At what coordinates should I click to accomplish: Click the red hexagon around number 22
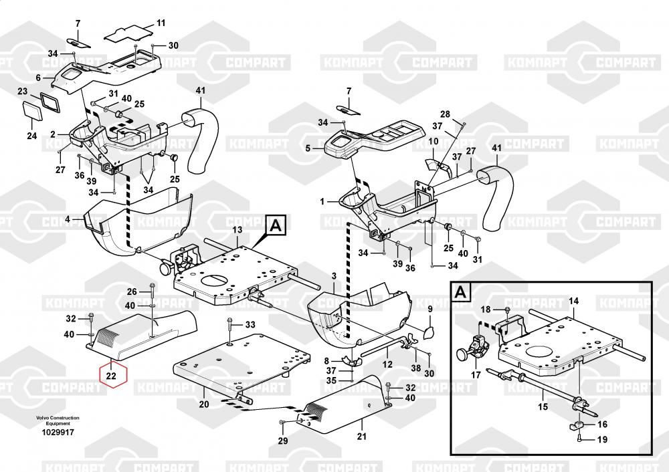pyautogui.click(x=112, y=376)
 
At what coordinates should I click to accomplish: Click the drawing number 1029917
pyautogui.click(x=58, y=433)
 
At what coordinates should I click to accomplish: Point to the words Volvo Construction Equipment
pyautogui.click(x=58, y=421)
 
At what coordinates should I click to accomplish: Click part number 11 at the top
pyautogui.click(x=161, y=23)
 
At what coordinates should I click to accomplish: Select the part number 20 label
pyautogui.click(x=203, y=404)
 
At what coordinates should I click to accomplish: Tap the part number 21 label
pyautogui.click(x=362, y=437)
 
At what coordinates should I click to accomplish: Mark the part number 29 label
pyautogui.click(x=282, y=441)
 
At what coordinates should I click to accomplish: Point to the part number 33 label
pyautogui.click(x=250, y=324)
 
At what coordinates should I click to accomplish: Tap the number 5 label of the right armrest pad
pyautogui.click(x=308, y=148)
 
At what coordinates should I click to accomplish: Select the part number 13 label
pyautogui.click(x=237, y=230)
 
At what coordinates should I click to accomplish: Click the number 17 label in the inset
pyautogui.click(x=476, y=375)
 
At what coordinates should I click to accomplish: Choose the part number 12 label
pyautogui.click(x=387, y=364)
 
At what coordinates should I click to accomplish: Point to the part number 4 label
pyautogui.click(x=67, y=219)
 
